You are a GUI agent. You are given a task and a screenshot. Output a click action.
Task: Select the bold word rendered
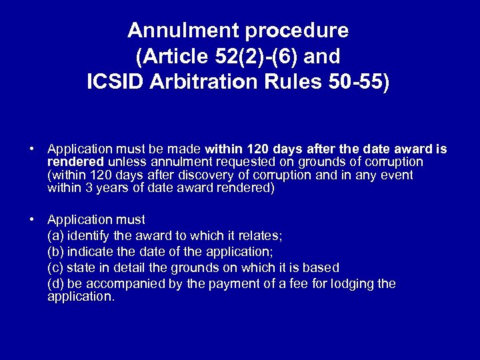click(x=76, y=162)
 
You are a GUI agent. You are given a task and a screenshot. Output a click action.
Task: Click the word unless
click(x=125, y=162)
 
